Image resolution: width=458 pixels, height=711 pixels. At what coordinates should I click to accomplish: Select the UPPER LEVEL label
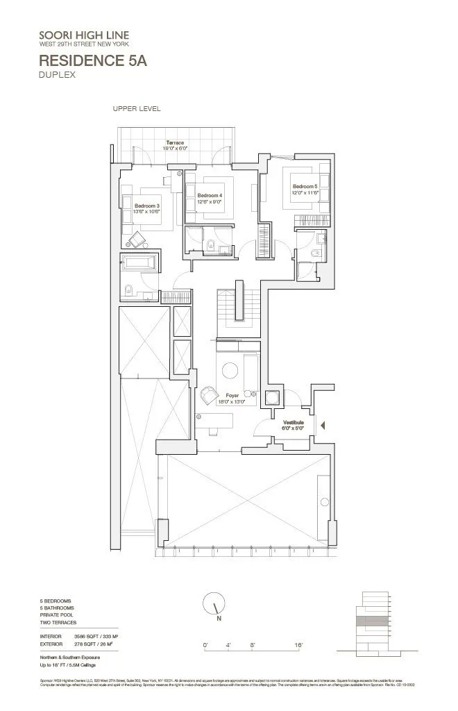137,109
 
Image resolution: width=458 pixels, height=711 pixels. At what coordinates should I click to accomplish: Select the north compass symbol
215,604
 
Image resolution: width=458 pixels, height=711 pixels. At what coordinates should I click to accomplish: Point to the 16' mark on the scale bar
298,646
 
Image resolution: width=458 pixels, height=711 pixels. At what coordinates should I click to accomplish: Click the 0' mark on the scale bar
205,646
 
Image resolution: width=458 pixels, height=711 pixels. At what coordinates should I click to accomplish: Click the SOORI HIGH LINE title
84,35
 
